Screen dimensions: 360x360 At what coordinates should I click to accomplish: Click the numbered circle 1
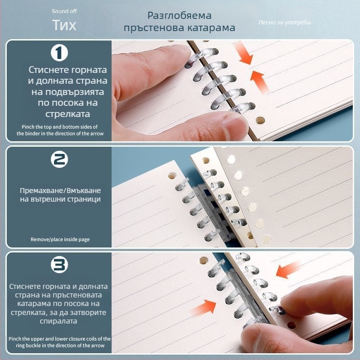pos(59,53)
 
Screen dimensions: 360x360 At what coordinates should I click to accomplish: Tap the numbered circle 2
pos(59,159)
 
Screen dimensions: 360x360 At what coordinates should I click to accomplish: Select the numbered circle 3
pos(59,265)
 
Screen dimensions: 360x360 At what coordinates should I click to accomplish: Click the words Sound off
pos(64,11)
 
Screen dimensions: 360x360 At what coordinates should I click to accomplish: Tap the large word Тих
pos(64,25)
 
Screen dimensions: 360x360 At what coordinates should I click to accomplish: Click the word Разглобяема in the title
pos(179,16)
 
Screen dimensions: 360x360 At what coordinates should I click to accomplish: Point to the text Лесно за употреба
pos(284,22)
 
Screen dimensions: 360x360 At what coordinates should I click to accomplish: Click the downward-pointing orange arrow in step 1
pos(244,53)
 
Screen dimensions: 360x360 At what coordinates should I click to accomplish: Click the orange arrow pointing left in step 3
pos(288,269)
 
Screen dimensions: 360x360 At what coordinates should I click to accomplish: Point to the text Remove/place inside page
pos(60,239)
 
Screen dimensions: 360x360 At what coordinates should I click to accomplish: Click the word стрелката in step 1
pos(67,114)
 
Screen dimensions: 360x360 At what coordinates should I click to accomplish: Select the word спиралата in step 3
pos(58,321)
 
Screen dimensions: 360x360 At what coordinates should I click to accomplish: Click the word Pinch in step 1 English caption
pos(28,127)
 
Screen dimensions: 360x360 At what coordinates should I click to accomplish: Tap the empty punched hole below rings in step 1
pos(260,120)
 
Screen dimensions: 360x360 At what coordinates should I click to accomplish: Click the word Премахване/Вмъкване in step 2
pos(60,190)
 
